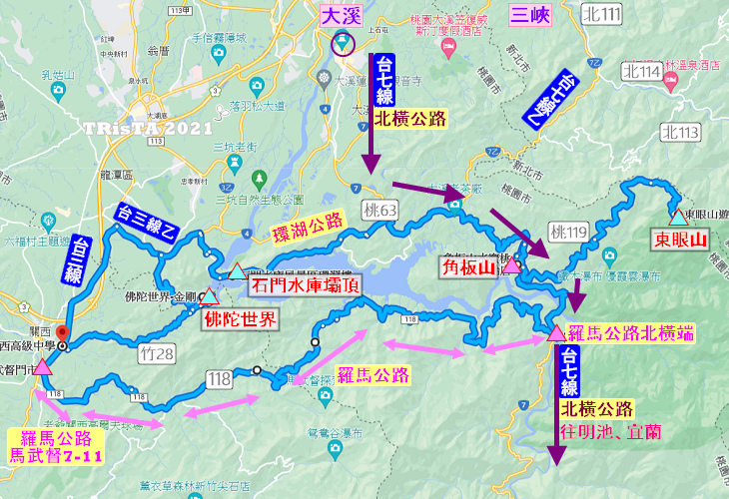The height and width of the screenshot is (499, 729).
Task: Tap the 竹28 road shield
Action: pyautogui.click(x=159, y=350)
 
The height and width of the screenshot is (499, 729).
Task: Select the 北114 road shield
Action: pyautogui.click(x=640, y=72)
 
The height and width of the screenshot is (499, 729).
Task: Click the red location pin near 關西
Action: pyautogui.click(x=61, y=333)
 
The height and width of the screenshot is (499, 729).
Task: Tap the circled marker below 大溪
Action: pyautogui.click(x=343, y=42)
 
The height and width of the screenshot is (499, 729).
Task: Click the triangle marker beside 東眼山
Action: pyautogui.click(x=678, y=217)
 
